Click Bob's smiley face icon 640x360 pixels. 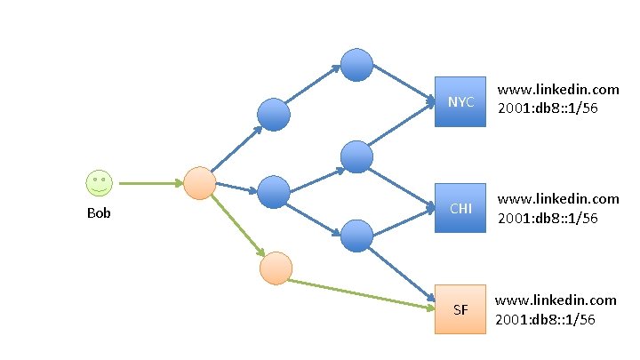click(99, 183)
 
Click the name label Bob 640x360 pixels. click(99, 213)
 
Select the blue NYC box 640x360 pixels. click(460, 101)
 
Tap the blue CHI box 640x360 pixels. click(460, 209)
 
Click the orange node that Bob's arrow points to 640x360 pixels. click(200, 184)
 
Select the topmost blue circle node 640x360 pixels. click(356, 63)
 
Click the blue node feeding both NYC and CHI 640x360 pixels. click(356, 156)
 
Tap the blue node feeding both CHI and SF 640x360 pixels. click(356, 235)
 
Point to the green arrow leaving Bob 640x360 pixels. click(149, 184)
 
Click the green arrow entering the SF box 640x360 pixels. click(364, 295)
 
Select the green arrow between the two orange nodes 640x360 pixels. click(237, 225)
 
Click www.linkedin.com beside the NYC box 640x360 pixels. click(557, 90)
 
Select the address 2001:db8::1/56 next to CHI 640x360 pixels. click(547, 217)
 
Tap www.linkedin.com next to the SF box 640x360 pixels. click(555, 300)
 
